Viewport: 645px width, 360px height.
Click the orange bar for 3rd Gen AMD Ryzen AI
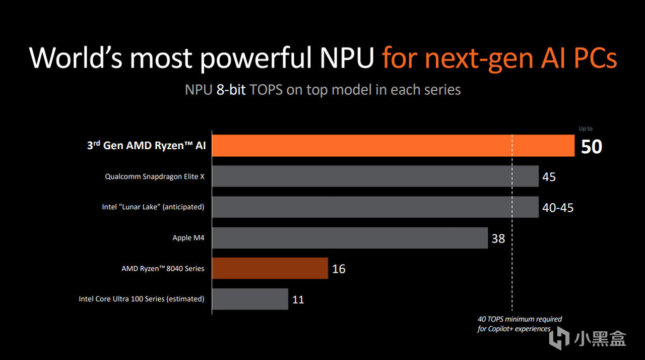click(393, 146)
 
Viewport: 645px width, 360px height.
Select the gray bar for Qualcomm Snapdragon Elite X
click(375, 176)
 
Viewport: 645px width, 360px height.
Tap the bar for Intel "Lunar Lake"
click(375, 207)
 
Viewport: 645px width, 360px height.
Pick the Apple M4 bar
click(350, 237)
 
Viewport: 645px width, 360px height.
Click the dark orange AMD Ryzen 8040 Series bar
click(270, 268)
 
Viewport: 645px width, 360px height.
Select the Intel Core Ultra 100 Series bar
click(250, 299)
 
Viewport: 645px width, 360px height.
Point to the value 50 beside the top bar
click(592, 147)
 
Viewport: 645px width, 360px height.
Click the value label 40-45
click(558, 208)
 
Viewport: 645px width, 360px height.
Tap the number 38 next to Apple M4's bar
click(498, 238)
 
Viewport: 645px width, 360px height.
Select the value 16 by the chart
click(339, 269)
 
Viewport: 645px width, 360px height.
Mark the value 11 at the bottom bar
click(298, 299)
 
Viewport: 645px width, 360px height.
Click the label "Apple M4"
click(188, 237)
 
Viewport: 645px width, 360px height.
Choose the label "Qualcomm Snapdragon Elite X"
click(155, 176)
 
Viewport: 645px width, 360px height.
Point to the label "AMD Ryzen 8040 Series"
click(163, 268)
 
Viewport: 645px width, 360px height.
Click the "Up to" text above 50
click(586, 129)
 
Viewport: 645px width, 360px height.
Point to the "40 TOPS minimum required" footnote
click(520, 319)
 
